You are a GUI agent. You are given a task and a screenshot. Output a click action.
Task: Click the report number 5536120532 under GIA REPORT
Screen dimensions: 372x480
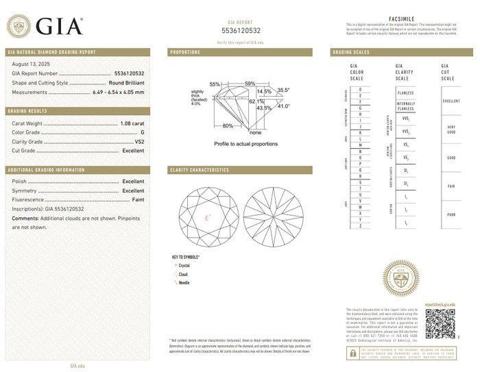[240, 32]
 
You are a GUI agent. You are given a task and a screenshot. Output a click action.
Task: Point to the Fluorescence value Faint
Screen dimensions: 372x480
[137, 199]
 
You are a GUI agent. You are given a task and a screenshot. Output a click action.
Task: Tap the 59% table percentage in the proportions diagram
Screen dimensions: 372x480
[250, 84]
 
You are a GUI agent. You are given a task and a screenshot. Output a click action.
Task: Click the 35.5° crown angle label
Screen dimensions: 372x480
[283, 90]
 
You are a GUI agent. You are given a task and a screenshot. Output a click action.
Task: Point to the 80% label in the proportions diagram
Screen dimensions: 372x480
[228, 126]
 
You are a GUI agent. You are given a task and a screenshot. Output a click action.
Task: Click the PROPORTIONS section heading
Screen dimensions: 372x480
[185, 52]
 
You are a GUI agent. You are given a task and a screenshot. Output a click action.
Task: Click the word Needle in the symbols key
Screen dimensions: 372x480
[184, 282]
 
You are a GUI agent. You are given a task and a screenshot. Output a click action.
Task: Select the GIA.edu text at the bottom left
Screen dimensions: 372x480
[77, 366]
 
